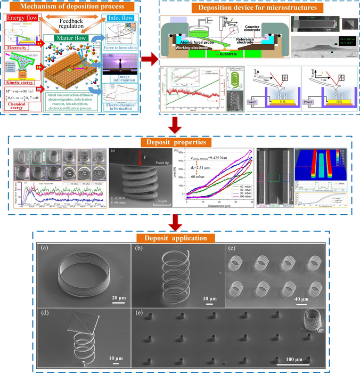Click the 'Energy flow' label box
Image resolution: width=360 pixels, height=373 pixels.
pyautogui.click(x=20, y=19)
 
